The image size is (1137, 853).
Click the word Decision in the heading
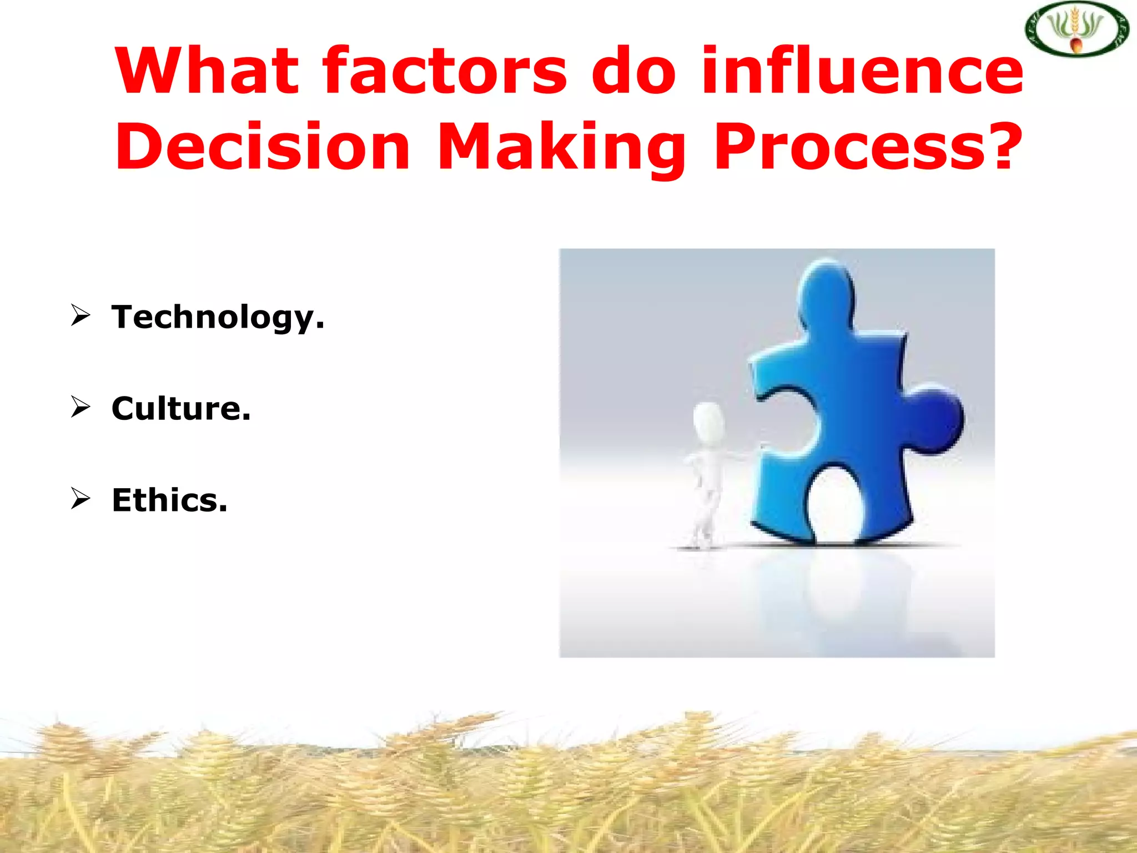262,147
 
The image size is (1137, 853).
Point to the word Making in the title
561,147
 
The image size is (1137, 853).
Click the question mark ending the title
1003,145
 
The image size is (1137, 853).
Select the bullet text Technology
218,318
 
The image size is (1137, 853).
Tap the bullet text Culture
181,409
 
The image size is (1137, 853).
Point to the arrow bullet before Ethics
81,498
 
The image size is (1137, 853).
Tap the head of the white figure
709,421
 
